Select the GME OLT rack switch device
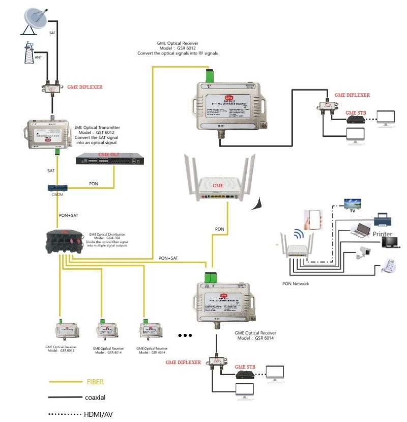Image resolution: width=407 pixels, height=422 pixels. click(107, 160)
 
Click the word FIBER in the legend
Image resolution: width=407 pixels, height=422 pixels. click(95, 381)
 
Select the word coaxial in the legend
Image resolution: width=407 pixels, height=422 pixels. click(95, 397)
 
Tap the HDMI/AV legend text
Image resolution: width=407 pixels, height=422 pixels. click(98, 414)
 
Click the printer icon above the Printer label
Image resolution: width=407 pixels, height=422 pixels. click(382, 220)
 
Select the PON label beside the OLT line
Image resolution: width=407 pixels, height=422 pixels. click(94, 183)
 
